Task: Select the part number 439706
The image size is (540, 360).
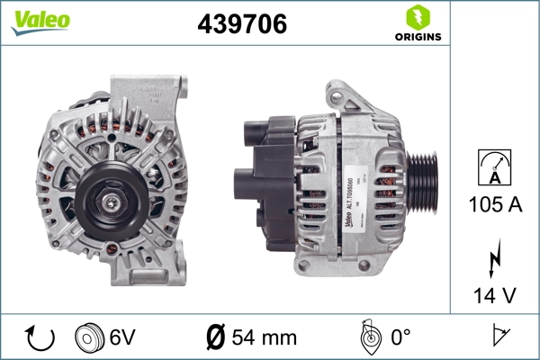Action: (x=242, y=25)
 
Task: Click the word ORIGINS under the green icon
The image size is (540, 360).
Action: (x=418, y=38)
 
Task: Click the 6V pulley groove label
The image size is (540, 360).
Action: (x=123, y=337)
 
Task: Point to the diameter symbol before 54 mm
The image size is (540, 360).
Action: (x=215, y=337)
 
